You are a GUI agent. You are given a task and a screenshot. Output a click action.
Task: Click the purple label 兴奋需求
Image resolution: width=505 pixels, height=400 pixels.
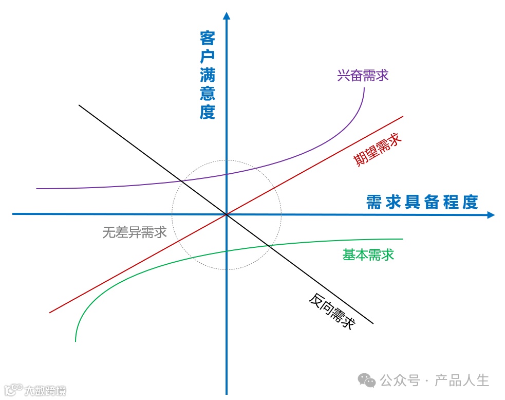coord(363,76)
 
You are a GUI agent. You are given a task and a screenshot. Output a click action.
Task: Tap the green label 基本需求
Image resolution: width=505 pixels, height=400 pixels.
coord(368,254)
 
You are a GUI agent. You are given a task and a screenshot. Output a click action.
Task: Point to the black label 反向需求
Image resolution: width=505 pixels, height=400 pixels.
coord(332,311)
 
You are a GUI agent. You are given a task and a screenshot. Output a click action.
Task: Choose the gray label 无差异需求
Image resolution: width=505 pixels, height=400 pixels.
coord(135,232)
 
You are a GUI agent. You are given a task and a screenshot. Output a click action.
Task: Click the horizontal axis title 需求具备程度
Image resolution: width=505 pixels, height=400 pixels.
coord(422,202)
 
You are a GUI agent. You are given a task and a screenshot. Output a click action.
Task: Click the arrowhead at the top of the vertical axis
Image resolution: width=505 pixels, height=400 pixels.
coord(226,14)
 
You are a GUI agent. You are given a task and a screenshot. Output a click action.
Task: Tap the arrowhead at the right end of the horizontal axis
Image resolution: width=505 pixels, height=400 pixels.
coord(491,215)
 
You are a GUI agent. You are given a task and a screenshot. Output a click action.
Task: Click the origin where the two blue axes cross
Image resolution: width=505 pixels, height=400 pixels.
coord(226,214)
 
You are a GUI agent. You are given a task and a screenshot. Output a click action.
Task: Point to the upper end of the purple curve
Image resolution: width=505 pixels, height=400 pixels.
coord(364,88)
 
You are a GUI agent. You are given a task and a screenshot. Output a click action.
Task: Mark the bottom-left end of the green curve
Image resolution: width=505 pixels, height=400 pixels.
coord(76,341)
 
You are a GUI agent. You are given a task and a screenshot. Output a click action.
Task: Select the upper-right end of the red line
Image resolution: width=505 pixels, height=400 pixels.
coord(403,117)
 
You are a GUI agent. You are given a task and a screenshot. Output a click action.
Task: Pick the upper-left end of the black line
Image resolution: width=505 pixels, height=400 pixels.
coord(79,105)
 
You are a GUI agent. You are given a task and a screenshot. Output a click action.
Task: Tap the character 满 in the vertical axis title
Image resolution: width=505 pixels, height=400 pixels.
coord(208,75)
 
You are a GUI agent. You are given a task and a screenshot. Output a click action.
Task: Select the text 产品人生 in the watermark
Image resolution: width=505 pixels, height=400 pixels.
coord(462,380)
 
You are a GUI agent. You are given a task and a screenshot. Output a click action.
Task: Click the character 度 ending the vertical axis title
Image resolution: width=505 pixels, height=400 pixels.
coord(208,112)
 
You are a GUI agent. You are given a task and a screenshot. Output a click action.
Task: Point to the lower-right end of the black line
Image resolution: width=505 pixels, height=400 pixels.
coord(373,323)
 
